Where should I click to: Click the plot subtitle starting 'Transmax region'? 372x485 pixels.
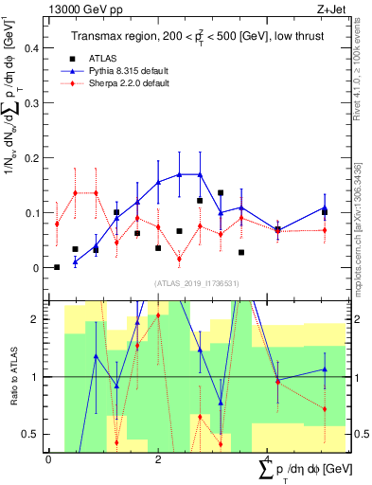click(x=196, y=36)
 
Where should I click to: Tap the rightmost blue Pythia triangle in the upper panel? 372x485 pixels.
click(x=325, y=207)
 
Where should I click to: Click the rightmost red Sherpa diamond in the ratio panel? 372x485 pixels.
click(x=325, y=409)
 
